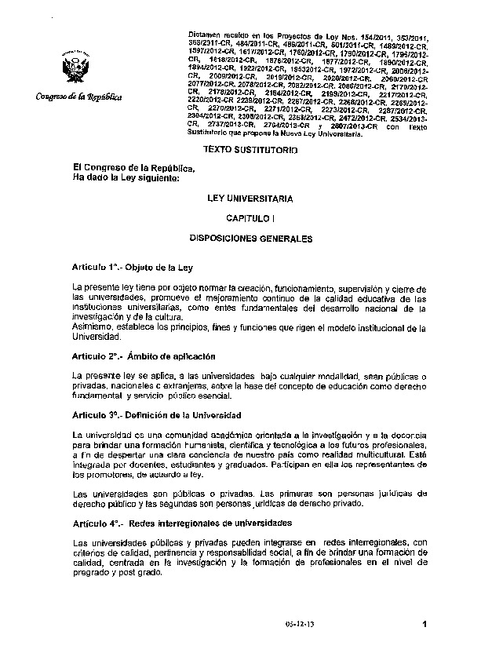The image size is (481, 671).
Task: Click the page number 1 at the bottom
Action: (x=424, y=625)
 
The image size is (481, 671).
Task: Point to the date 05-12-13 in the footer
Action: (x=299, y=626)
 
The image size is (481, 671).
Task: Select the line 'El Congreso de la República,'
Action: (x=131, y=167)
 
